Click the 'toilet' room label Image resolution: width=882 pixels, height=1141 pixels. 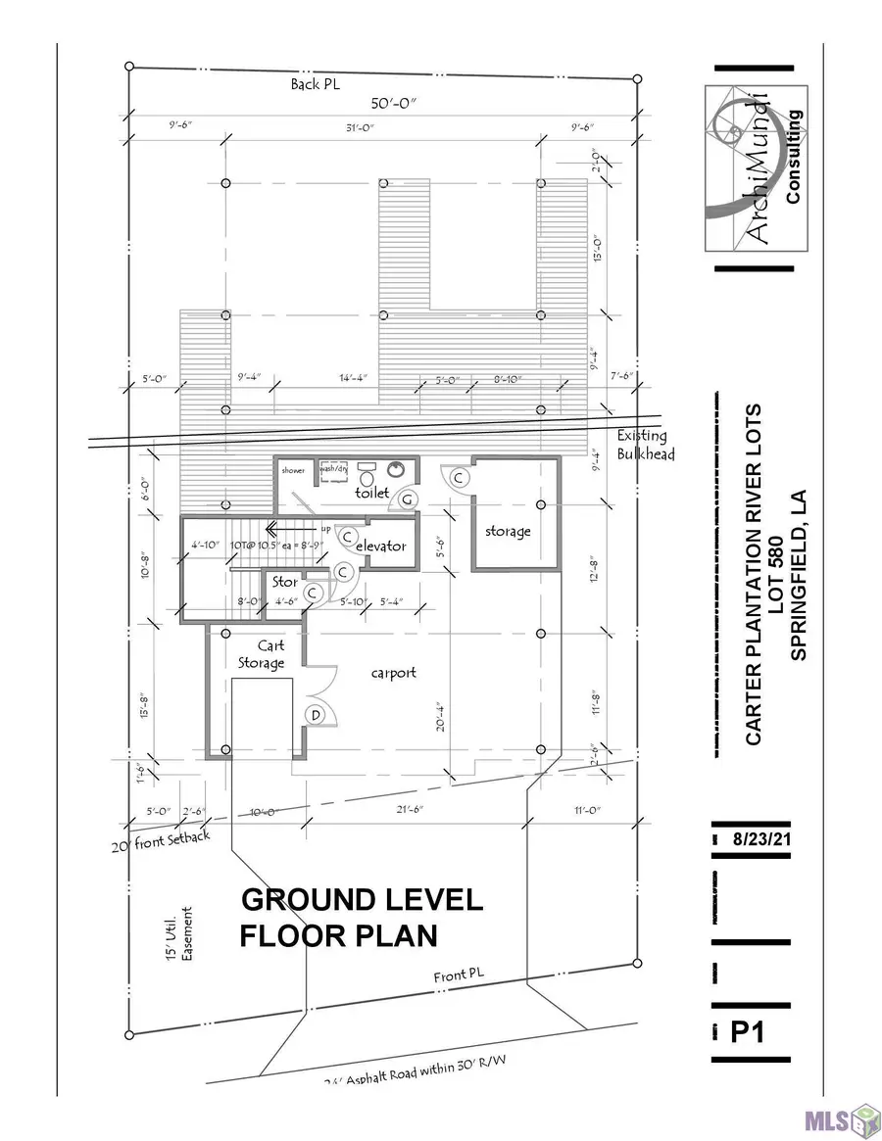pos(373,494)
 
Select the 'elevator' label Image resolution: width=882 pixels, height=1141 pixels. pos(381,546)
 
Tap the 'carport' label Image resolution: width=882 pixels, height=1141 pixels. pos(393,673)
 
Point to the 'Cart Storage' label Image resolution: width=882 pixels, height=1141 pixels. pos(264,654)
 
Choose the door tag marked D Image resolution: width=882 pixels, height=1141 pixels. pos(316,715)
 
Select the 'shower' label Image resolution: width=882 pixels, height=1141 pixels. pos(293,471)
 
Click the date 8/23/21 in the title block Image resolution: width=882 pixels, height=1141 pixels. pos(762,839)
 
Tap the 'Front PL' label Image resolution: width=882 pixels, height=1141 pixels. pos(460,975)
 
